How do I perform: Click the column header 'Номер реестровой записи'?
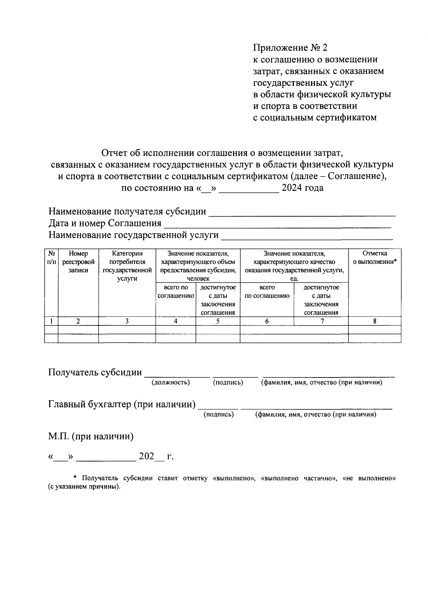78,262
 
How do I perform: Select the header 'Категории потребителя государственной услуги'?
127,266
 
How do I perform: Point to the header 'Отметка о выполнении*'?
374,258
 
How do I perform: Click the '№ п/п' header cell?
51,258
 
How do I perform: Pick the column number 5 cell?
218,321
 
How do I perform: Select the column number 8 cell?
374,321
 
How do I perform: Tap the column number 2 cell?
78,321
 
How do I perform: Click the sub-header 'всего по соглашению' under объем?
175,291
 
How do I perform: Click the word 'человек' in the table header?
198,279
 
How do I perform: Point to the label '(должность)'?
170,382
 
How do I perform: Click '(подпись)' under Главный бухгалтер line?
219,415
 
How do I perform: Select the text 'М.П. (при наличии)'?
91,436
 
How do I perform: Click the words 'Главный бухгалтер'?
90,405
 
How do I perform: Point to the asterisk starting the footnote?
75,478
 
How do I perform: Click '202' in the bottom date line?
146,456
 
